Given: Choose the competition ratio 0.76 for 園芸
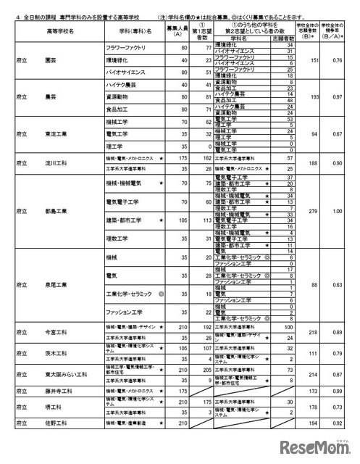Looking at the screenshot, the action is point(337,61).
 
